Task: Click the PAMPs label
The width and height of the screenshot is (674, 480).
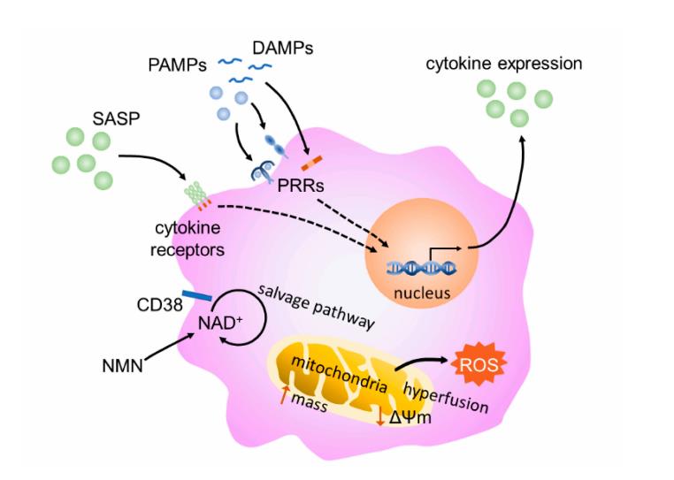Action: point(179,65)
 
